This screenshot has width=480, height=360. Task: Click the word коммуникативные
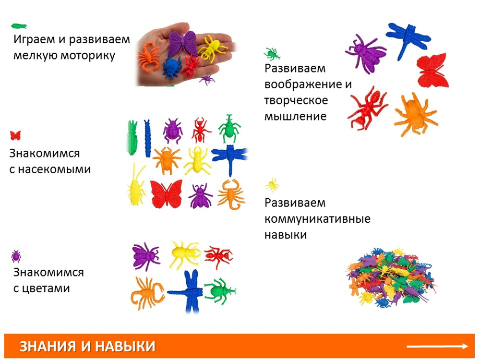pyautogui.click(x=317, y=219)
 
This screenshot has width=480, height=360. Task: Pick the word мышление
pyautogui.click(x=295, y=116)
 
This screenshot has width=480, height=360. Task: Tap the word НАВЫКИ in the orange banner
pyautogui.click(x=125, y=347)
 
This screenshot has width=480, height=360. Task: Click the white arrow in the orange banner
pyautogui.click(x=437, y=346)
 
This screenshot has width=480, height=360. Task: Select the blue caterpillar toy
pyautogui.click(x=147, y=138)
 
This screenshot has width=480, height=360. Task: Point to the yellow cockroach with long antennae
pyautogui.click(x=136, y=185)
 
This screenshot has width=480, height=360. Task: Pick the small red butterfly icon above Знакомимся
pyautogui.click(x=15, y=135)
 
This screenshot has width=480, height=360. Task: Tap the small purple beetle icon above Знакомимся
pyautogui.click(x=16, y=256)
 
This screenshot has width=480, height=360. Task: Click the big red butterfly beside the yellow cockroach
pyautogui.click(x=166, y=194)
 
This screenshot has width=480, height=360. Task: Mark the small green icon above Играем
pyautogui.click(x=19, y=26)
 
